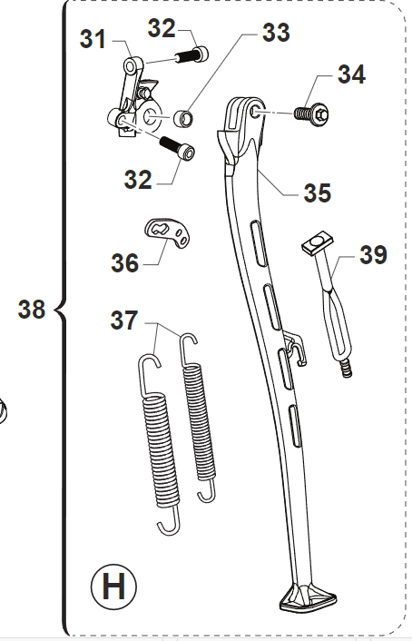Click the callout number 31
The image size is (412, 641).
[93, 39]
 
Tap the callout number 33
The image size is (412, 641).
[276, 32]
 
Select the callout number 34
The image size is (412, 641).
[351, 74]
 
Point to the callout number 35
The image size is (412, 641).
[318, 192]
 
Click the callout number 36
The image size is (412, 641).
[125, 262]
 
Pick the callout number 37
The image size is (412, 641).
[124, 320]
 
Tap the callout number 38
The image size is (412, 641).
[32, 309]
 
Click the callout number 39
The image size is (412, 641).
[373, 254]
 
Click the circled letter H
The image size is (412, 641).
[113, 587]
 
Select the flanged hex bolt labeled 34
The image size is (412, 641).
[311, 113]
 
